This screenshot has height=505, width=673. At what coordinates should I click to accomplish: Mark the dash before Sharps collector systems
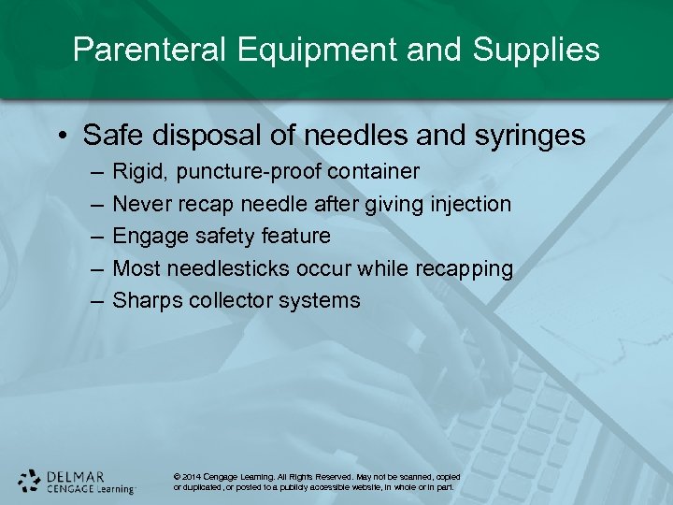(x=98, y=300)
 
